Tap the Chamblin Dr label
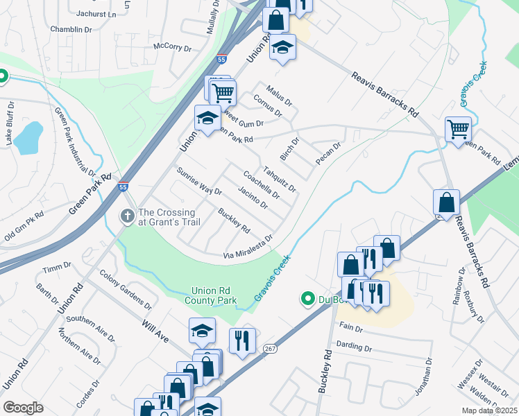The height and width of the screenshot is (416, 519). pos(71,30)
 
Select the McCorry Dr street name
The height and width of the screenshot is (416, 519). pos(172,47)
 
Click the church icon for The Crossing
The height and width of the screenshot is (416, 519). pos(127,217)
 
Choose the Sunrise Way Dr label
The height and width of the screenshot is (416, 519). pos(198,181)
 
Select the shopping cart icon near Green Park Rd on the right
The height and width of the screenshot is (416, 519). pos(458,129)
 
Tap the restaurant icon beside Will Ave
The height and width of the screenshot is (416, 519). pos(242,340)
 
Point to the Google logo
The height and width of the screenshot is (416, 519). pos(23,408)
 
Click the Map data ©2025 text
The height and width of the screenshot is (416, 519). pos(488,410)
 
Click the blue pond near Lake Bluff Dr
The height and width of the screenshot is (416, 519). pos(27,138)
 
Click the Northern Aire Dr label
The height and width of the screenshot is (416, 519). pos(80,346)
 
